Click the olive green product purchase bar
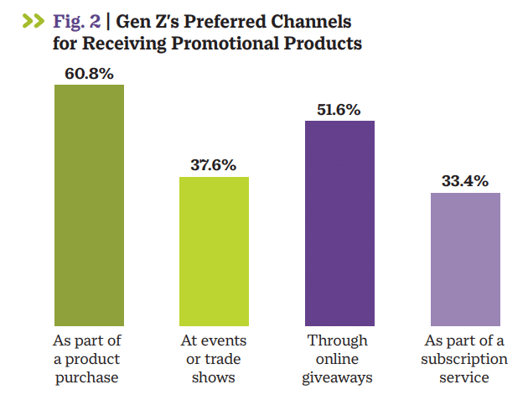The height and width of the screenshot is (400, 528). pyautogui.click(x=89, y=205)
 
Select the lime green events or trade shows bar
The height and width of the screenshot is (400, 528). pyautogui.click(x=215, y=251)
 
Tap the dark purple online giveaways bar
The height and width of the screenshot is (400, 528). pyautogui.click(x=339, y=222)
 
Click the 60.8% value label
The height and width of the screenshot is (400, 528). pyautogui.click(x=89, y=73)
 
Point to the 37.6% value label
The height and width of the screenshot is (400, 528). pyautogui.click(x=215, y=165)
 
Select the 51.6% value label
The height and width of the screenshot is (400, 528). pyautogui.click(x=339, y=109)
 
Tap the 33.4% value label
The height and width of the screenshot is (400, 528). pyautogui.click(x=465, y=181)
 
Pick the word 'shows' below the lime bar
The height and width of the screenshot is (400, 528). pyautogui.click(x=213, y=377)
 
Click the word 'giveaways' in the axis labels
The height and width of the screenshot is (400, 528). pyautogui.click(x=339, y=377)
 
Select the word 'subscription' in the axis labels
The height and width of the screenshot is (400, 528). pyautogui.click(x=465, y=359)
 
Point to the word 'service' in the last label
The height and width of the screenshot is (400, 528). pyautogui.click(x=465, y=377)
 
